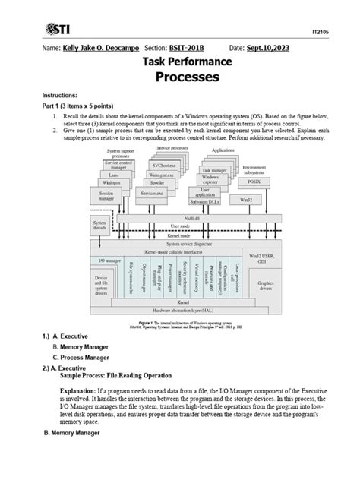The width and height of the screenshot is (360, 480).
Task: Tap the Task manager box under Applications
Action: click(218, 171)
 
